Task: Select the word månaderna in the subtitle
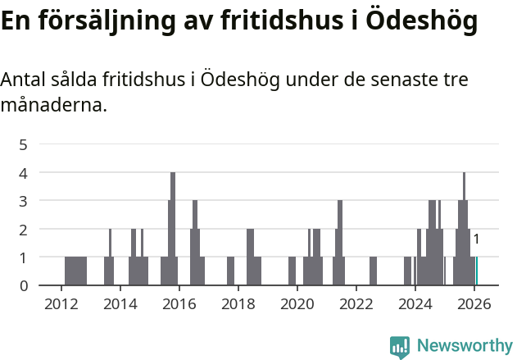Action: click(x=53, y=105)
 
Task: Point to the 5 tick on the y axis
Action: click(x=24, y=145)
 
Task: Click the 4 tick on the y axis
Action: click(x=24, y=173)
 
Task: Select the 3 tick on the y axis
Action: click(x=24, y=201)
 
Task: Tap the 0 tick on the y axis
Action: click(x=24, y=285)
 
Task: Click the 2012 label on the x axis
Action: click(x=61, y=303)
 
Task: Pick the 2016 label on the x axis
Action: click(x=179, y=303)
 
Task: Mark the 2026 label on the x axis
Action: click(x=474, y=303)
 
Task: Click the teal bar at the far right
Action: click(x=476, y=271)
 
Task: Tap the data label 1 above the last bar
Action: click(x=476, y=239)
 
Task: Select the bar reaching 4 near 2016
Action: click(x=173, y=230)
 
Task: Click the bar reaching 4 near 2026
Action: click(x=464, y=230)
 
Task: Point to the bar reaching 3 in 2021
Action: click(x=340, y=243)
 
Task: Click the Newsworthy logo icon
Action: click(x=400, y=347)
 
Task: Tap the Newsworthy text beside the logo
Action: click(x=464, y=346)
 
